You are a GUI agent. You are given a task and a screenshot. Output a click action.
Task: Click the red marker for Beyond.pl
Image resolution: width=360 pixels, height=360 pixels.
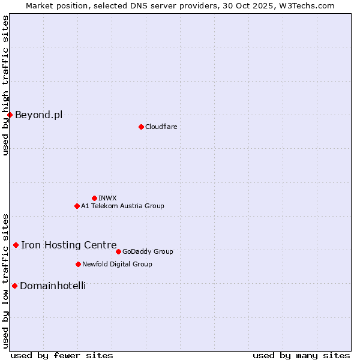(10, 115)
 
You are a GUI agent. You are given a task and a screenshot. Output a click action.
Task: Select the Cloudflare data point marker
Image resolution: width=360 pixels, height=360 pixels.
(141, 127)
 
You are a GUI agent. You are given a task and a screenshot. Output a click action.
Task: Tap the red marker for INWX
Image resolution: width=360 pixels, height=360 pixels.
(94, 198)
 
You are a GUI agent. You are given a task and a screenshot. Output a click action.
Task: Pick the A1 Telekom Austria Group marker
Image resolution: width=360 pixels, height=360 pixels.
(77, 206)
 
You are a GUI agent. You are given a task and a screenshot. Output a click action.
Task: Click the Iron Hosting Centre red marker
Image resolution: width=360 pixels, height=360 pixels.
(16, 245)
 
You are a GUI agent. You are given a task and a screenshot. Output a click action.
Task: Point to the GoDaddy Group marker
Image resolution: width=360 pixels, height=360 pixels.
(118, 251)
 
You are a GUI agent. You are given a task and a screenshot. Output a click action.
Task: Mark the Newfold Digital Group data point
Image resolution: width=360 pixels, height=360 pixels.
(78, 264)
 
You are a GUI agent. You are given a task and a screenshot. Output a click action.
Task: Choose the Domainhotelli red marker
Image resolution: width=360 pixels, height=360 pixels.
(14, 286)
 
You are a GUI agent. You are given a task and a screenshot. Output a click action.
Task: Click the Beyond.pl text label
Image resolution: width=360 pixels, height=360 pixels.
(38, 115)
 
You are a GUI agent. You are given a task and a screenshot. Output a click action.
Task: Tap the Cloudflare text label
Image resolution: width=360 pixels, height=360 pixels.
(161, 127)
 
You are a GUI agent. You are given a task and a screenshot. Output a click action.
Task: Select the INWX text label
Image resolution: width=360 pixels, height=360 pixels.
(107, 198)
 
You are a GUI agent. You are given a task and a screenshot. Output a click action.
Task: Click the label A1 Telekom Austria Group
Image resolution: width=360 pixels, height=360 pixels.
(122, 206)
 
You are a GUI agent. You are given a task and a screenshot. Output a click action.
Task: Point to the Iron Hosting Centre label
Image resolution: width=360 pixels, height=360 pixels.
(68, 245)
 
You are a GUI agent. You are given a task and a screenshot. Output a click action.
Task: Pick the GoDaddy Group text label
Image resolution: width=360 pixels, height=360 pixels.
(148, 251)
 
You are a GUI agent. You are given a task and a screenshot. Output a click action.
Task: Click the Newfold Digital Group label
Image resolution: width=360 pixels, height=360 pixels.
(117, 264)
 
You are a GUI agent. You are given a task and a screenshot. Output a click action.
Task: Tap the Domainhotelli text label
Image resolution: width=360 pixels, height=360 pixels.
(53, 286)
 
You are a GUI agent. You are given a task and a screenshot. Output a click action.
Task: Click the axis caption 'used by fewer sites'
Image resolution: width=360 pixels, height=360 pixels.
(62, 355)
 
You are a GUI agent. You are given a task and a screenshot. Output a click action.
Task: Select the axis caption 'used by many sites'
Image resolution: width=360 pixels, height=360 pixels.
(301, 355)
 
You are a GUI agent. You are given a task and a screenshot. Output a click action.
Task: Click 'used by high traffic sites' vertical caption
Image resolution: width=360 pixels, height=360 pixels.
(5, 85)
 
